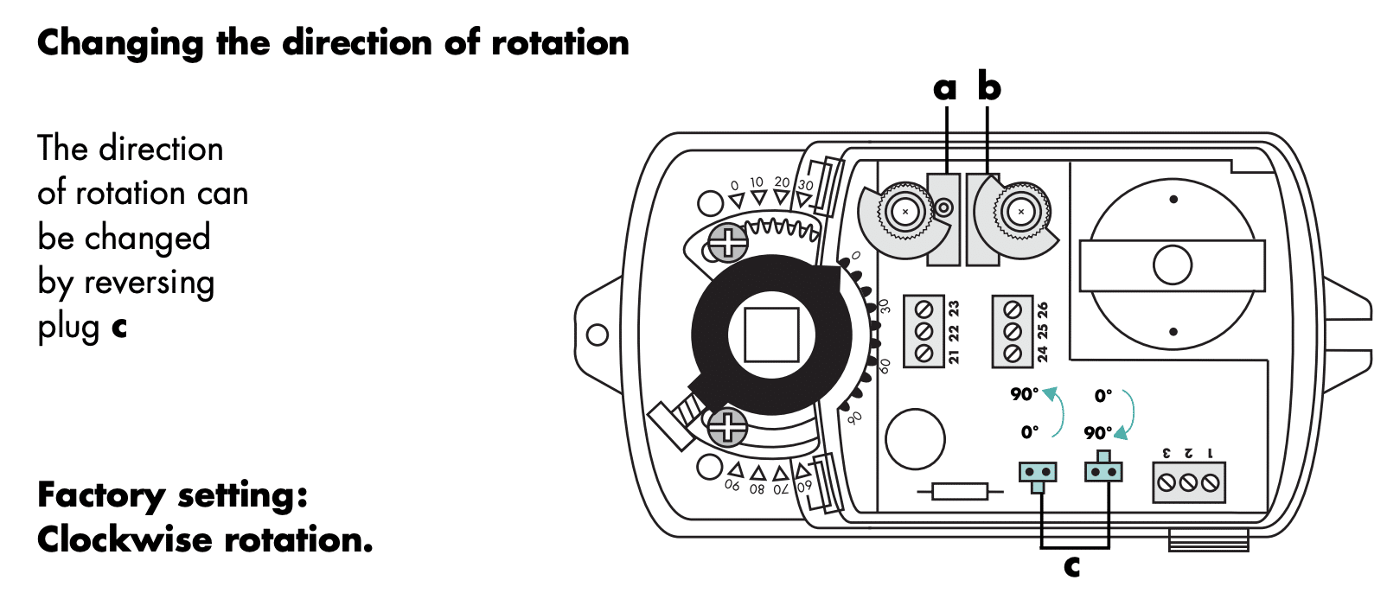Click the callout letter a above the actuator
[944, 88]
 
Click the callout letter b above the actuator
[989, 86]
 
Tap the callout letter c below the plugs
[1072, 566]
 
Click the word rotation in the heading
[559, 42]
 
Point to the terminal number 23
[954, 308]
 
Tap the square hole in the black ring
[771, 335]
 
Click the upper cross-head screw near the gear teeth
[727, 242]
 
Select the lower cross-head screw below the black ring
[727, 426]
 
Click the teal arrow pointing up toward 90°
[1057, 411]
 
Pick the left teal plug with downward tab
[1038, 475]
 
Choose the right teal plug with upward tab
[1103, 468]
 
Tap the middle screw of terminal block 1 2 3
[1188, 483]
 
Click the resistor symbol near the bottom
[960, 492]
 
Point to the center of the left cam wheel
[905, 212]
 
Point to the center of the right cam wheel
[1021, 212]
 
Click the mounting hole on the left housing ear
[597, 335]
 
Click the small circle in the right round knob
[1173, 265]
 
